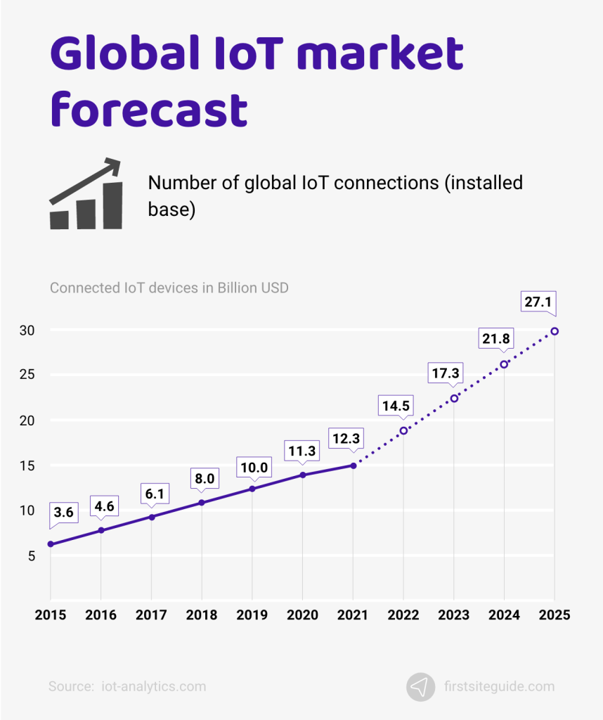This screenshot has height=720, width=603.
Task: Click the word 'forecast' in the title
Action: click(x=148, y=110)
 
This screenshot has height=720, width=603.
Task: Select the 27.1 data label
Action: click(x=538, y=302)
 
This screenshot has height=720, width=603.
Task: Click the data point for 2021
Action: click(x=353, y=465)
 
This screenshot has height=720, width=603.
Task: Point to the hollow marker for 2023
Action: click(x=454, y=398)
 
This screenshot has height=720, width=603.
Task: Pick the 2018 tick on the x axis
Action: click(x=202, y=615)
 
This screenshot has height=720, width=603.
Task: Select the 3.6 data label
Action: click(x=63, y=513)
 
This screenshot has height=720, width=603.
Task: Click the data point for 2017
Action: click(x=151, y=517)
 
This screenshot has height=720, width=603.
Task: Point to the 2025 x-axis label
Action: click(x=555, y=615)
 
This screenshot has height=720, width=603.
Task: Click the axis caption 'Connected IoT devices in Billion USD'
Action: click(x=169, y=288)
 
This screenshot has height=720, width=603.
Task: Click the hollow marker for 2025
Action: click(x=555, y=331)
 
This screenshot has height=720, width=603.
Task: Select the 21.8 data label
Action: click(x=494, y=339)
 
